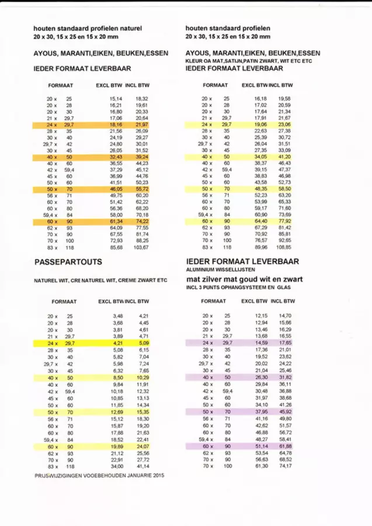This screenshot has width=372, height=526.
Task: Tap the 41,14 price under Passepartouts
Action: click(x=143, y=467)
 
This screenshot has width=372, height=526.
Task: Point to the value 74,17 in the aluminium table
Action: click(x=285, y=467)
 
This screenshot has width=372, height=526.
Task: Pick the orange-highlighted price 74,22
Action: click(x=142, y=222)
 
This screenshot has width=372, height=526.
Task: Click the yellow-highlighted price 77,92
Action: click(x=285, y=222)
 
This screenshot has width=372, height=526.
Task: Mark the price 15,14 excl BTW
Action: click(x=116, y=99)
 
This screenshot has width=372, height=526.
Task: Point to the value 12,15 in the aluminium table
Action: click(x=260, y=316)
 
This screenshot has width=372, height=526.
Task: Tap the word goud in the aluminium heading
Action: click(x=255, y=279)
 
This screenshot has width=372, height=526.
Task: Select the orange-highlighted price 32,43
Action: click(x=116, y=157)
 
